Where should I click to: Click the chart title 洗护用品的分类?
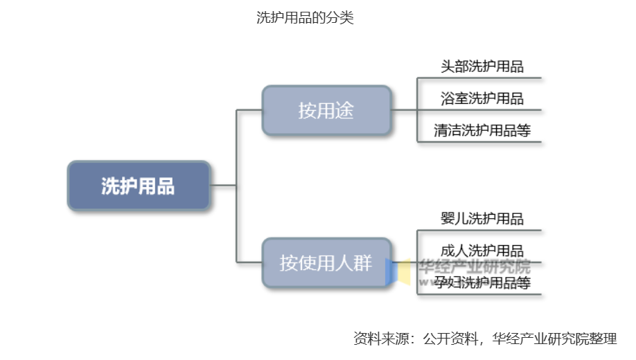[x=305, y=19]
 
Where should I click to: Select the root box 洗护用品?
[x=139, y=186]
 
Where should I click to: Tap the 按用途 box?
[x=326, y=111]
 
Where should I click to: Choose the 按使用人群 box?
[x=326, y=263]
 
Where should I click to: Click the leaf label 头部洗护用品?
[x=482, y=67]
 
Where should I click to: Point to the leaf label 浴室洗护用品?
[x=482, y=98]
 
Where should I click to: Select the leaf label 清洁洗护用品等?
[x=482, y=130]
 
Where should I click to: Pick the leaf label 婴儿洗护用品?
[x=482, y=219]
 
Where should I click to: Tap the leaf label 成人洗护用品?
[x=482, y=251]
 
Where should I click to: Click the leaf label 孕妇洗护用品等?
[x=482, y=282]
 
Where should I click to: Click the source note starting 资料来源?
[x=485, y=339]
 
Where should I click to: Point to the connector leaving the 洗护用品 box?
[x=223, y=186]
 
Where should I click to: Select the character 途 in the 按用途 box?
[x=344, y=111]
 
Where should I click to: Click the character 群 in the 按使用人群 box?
[x=363, y=263]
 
